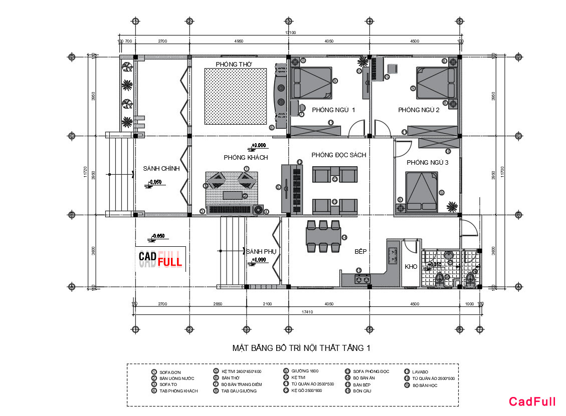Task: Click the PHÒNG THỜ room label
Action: click(x=234, y=65)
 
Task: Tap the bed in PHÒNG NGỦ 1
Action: click(x=311, y=83)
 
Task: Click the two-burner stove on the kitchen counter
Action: click(x=362, y=279)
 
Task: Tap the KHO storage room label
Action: click(x=411, y=267)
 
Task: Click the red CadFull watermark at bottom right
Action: click(x=532, y=401)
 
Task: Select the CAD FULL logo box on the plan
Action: click(x=160, y=258)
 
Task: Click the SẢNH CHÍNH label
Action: click(x=161, y=169)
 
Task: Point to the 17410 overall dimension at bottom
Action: click(x=307, y=312)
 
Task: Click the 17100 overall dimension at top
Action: click(x=290, y=33)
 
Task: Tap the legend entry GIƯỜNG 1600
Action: click(x=304, y=371)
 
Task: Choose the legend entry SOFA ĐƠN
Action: click(x=169, y=372)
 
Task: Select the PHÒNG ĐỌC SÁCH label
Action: click(x=338, y=155)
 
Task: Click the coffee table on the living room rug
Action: click(x=232, y=195)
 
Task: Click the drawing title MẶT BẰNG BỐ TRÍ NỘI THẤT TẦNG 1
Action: click(x=301, y=347)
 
